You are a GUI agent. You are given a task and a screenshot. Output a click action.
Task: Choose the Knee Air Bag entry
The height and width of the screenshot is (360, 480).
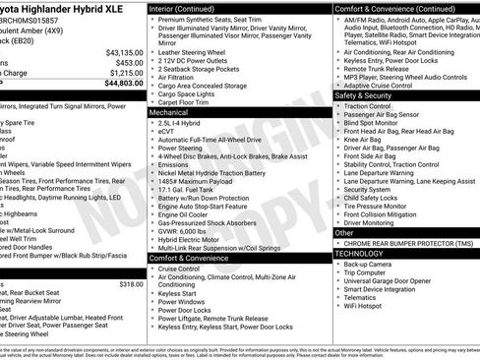point(366,140)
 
